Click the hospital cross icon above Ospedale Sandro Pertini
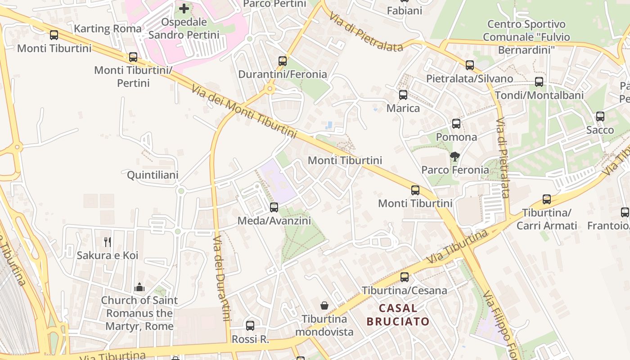tap(184, 8)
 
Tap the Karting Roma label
tap(108, 29)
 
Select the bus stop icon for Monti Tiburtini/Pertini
tap(133, 57)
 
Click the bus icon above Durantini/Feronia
tap(283, 61)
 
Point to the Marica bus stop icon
tap(403, 95)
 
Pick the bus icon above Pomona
tap(456, 124)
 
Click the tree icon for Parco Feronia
tap(455, 157)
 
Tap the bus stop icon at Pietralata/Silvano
tap(470, 65)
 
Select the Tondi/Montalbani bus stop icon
tap(539, 82)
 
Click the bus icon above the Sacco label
tap(600, 117)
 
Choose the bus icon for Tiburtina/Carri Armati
tap(547, 199)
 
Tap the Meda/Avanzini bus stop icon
tap(274, 207)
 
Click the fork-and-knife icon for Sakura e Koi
tap(108, 242)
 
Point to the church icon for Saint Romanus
tap(139, 287)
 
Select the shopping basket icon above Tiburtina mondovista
tap(324, 306)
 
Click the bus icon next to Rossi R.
tap(250, 325)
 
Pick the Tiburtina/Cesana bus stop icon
tap(405, 277)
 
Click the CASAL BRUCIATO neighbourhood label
tap(398, 315)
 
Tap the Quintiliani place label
tap(153, 175)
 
